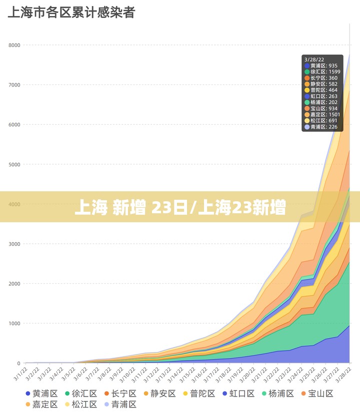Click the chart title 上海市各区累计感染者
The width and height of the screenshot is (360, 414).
pyautogui.click(x=71, y=12)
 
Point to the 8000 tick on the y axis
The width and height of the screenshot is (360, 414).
pyautogui.click(x=14, y=45)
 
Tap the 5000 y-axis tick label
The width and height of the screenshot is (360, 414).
pyautogui.click(x=14, y=164)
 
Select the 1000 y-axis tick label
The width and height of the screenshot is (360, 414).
pyautogui.click(x=14, y=324)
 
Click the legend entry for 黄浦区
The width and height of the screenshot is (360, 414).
pyautogui.click(x=41, y=394)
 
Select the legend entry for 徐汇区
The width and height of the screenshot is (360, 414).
pyautogui.click(x=80, y=394)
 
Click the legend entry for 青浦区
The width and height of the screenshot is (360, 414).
pyautogui.click(x=119, y=405)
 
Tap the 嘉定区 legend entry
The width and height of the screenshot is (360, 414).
pyautogui.click(x=41, y=405)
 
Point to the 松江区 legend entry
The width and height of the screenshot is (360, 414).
pyautogui.click(x=80, y=405)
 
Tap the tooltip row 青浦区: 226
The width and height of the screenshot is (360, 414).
pyautogui.click(x=323, y=127)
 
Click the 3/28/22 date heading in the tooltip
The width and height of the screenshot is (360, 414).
pyautogui.click(x=314, y=60)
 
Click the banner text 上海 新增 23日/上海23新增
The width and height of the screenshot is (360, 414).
pyautogui.click(x=180, y=207)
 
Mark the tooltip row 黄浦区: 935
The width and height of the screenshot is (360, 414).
pyautogui.click(x=323, y=66)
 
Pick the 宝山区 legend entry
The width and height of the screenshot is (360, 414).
pyautogui.click(x=316, y=394)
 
